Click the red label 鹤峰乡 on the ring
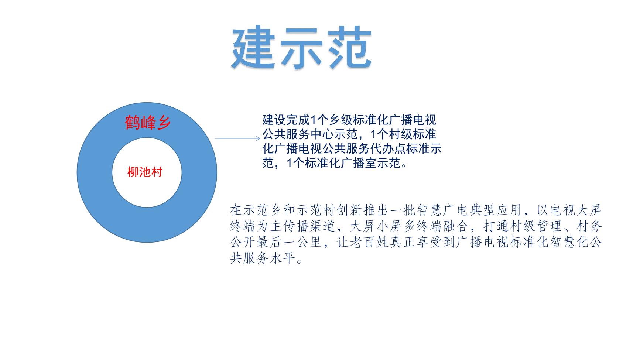[148, 123]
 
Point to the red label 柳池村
[145, 172]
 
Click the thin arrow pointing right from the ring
[237, 138]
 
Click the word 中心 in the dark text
[322, 134]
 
